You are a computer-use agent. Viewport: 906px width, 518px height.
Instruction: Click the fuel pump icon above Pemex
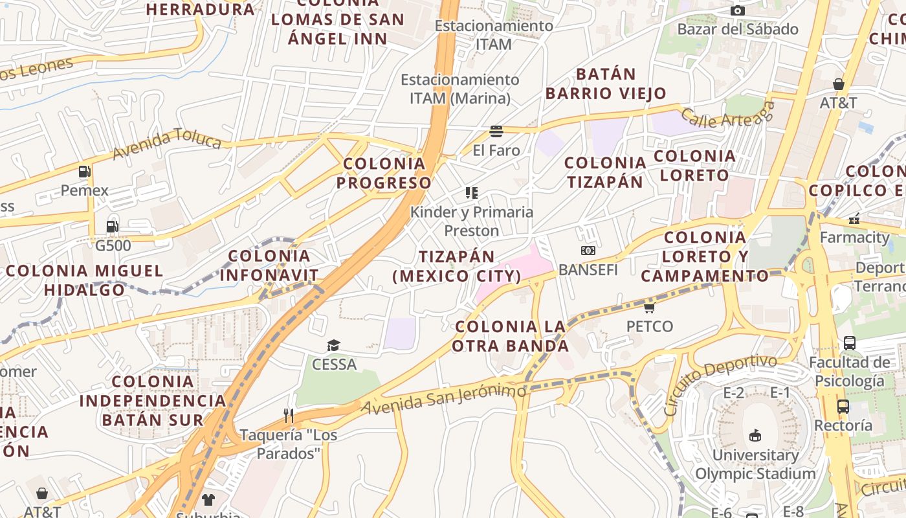click(x=84, y=172)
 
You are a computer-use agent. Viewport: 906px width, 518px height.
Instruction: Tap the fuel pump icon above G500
click(x=113, y=227)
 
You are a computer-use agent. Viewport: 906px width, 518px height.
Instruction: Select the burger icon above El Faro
click(x=496, y=131)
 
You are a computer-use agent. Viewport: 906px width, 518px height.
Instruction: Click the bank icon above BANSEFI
click(x=588, y=251)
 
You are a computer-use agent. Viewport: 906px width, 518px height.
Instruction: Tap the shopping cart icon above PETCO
click(x=650, y=307)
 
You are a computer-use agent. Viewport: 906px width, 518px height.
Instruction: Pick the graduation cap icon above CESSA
click(x=333, y=345)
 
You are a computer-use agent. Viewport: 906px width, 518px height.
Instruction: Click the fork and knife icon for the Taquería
click(x=289, y=415)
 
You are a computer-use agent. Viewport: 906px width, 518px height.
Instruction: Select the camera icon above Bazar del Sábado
click(x=738, y=10)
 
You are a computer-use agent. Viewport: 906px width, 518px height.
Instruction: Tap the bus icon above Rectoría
click(x=843, y=407)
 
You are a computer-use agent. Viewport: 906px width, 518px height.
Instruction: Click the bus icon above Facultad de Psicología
click(x=850, y=343)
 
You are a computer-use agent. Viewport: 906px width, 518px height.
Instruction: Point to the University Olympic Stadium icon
click(x=755, y=435)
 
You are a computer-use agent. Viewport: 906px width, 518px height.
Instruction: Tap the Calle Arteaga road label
click(x=727, y=115)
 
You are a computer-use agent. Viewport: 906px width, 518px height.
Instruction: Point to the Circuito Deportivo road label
click(x=720, y=384)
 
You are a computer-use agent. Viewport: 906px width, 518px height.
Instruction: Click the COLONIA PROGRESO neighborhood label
click(x=384, y=173)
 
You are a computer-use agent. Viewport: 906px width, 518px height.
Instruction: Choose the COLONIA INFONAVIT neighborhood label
click(x=269, y=265)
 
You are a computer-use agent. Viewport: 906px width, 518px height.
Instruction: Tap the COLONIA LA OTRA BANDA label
click(x=511, y=336)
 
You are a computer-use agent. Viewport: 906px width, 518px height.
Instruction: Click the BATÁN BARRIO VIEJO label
click(x=606, y=84)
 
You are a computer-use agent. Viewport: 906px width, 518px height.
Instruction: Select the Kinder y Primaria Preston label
click(x=472, y=221)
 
